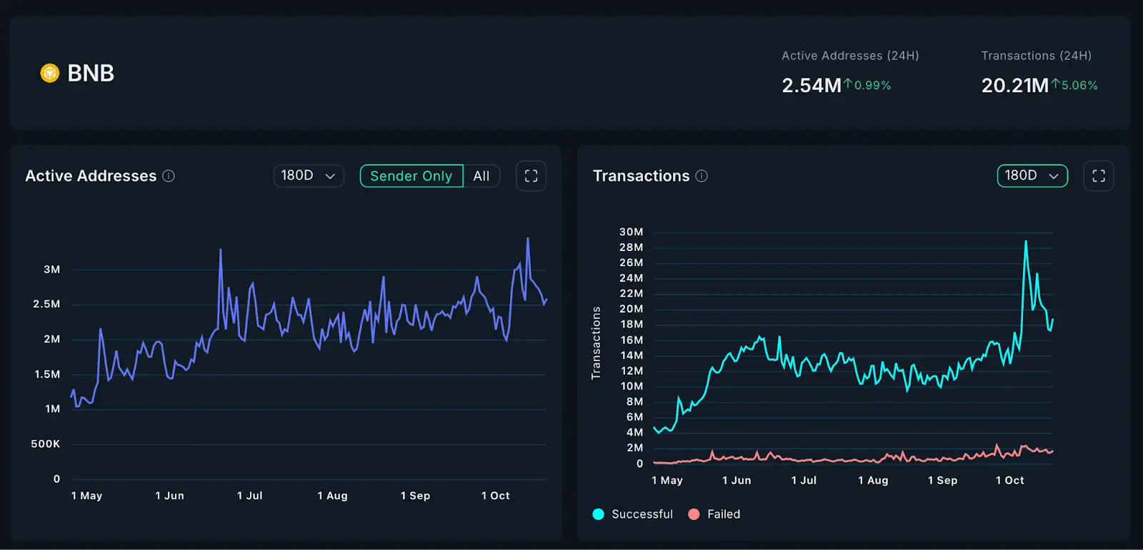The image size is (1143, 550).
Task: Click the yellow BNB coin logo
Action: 49,73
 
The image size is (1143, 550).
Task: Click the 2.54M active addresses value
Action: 811,86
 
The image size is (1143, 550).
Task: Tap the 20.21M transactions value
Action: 1014,86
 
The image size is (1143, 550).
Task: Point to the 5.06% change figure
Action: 1079,85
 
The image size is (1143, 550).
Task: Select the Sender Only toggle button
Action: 411,176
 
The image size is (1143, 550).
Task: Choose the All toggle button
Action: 481,176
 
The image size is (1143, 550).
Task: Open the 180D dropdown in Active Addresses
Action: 309,176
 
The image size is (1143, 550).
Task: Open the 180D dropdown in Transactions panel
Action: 1032,176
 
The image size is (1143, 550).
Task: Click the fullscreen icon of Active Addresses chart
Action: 531,176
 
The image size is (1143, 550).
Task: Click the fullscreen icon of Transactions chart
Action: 1099,176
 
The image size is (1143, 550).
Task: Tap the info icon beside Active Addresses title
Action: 169,176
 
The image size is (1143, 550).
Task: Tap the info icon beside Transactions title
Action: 702,176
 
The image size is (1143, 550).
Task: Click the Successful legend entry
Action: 633,514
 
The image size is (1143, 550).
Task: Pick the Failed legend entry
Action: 714,514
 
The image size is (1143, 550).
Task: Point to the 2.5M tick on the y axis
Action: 46,304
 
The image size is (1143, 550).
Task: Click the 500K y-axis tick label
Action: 46,444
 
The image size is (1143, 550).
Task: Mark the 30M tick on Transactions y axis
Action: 631,232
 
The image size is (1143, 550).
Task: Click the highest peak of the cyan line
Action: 1026,242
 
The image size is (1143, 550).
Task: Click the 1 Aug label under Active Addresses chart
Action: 332,496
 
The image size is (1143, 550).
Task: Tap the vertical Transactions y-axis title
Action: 596,343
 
